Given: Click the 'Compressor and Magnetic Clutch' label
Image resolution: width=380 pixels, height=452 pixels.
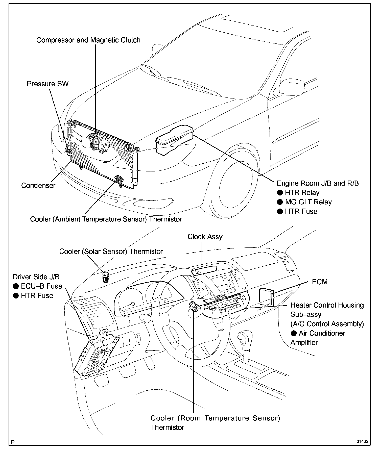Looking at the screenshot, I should [x=88, y=40].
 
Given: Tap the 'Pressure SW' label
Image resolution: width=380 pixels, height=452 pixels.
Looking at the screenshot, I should [x=47, y=84].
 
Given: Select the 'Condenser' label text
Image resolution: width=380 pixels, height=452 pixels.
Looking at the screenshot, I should [x=38, y=186].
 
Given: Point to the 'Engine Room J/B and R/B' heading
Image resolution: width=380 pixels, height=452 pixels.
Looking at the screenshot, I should [x=318, y=183].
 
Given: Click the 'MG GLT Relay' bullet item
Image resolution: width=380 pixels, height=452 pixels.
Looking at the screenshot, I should [x=308, y=202].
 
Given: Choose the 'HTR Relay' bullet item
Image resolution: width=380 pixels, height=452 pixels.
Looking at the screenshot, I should [x=302, y=193].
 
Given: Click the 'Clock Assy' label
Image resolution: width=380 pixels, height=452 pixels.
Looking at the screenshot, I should [x=205, y=237].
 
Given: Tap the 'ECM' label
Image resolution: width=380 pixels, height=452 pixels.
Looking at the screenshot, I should [x=320, y=282].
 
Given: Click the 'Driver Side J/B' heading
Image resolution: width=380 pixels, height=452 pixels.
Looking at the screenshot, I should [x=36, y=277].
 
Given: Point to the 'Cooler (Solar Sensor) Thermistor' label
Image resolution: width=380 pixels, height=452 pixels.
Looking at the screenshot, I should [x=111, y=252].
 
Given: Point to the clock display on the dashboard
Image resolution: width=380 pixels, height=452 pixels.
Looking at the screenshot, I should [x=204, y=271].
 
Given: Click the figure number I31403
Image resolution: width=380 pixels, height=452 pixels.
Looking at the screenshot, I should [x=362, y=442].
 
